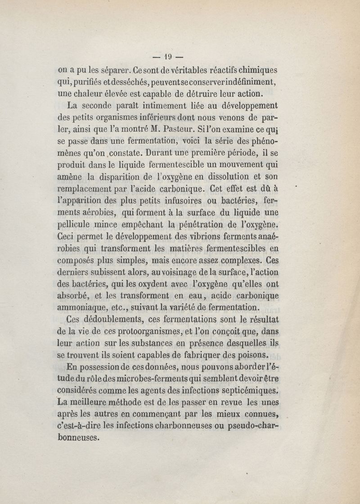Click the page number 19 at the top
click(x=167, y=57)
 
